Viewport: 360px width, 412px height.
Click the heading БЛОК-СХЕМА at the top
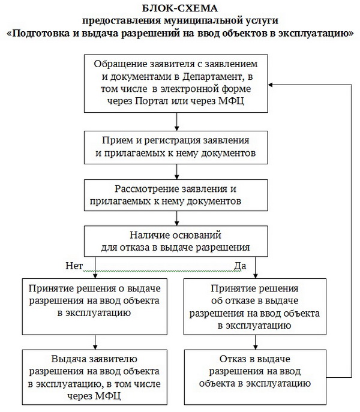tap(180, 8)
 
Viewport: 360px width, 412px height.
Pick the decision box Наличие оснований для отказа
tap(176, 240)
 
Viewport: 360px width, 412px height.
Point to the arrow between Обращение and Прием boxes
tap(176, 121)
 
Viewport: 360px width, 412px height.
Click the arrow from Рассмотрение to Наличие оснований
tap(176, 217)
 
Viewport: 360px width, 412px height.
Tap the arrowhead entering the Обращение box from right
tap(272, 85)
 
